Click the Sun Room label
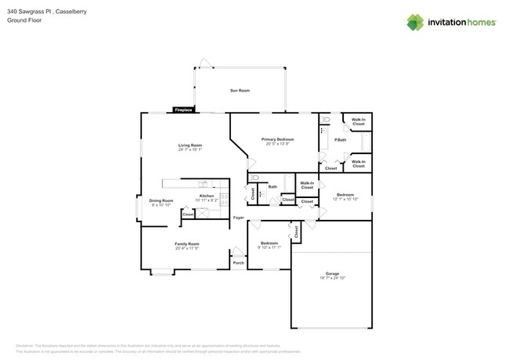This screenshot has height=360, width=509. click(240, 91)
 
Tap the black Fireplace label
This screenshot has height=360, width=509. click(184, 110)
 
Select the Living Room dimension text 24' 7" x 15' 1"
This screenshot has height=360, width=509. click(190, 150)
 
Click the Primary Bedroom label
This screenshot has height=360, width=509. click(278, 139)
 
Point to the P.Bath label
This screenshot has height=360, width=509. click(341, 140)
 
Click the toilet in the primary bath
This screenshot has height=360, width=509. click(326, 120)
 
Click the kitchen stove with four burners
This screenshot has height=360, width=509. click(225, 199)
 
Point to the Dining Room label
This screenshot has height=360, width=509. click(161, 200)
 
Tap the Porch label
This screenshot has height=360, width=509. click(238, 263)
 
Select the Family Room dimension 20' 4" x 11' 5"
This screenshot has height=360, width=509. click(186, 249)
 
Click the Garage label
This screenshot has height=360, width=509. click(332, 273)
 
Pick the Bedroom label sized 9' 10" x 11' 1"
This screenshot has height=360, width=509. click(269, 243)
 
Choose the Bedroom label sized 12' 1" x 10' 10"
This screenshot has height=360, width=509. click(345, 195)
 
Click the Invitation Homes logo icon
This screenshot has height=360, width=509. click(415, 23)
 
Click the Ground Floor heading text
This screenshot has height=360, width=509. click(24, 21)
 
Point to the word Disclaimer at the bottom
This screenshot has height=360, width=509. click(27, 344)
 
